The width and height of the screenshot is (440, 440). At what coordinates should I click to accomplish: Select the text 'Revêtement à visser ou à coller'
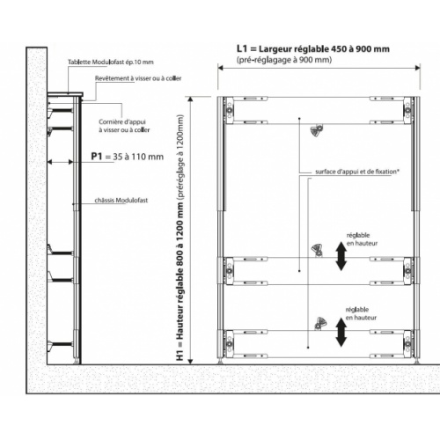pyautogui.click(x=134, y=78)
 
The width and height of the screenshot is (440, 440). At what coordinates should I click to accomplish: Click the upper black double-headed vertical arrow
pyautogui.click(x=340, y=255)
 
